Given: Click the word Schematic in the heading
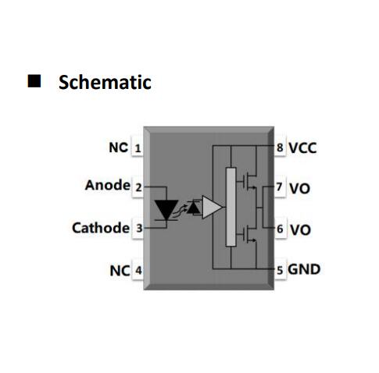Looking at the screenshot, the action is [x=105, y=83].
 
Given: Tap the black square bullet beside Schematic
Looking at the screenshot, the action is [x=34, y=81].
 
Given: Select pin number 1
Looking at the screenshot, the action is [x=138, y=149].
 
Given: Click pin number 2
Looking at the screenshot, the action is [x=138, y=187].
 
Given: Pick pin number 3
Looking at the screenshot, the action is [x=139, y=229].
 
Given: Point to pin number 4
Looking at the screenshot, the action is [x=138, y=270].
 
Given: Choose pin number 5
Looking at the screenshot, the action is [x=280, y=271].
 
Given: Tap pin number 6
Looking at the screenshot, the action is [x=280, y=229].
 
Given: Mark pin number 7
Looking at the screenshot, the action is [x=280, y=186].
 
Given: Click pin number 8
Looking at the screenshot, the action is [x=280, y=147].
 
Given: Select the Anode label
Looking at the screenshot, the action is [x=108, y=185].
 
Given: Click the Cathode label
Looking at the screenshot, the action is [x=101, y=228].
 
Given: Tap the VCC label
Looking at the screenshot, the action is [x=302, y=148].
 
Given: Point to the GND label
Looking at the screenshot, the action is [x=304, y=269].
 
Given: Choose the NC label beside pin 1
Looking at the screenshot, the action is [x=119, y=147].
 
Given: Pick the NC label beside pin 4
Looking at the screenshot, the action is [x=120, y=271].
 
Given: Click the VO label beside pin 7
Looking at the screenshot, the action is [x=300, y=189].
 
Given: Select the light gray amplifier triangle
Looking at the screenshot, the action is [x=212, y=207].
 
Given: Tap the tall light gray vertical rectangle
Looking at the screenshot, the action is [x=231, y=207].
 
